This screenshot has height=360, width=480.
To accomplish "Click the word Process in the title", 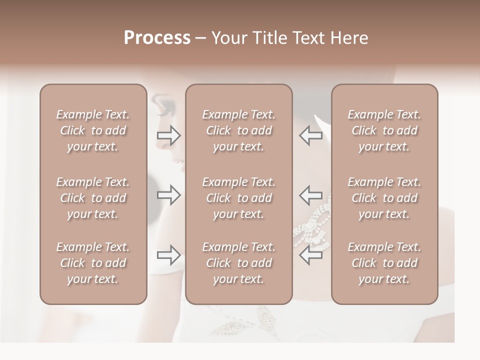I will point(157,38).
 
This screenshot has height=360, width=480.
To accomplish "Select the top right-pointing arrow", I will point(169,135).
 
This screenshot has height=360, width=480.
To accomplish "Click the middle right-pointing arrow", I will point(169,194).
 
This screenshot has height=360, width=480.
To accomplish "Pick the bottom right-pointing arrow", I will point(169,255).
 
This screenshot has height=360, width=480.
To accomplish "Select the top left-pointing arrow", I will point(310,135).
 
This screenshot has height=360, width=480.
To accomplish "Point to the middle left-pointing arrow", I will point(310,194).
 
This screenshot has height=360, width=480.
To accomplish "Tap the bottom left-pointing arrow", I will point(310,255).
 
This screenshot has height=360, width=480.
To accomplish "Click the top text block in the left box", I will point(93,130).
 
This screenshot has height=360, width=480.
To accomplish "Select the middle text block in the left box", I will point(93,198).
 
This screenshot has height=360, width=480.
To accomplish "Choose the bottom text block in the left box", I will point(93,263).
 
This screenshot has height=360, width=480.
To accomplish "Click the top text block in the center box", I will point(238,130).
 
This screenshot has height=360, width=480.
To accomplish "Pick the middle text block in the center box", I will point(238,198).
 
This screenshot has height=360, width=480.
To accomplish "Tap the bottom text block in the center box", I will point(238,263).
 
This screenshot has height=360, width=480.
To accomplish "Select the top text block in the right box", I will point(384,130).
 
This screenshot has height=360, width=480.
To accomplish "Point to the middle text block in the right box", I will point(384,198).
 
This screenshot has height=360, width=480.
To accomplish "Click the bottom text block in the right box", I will point(384,263).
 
